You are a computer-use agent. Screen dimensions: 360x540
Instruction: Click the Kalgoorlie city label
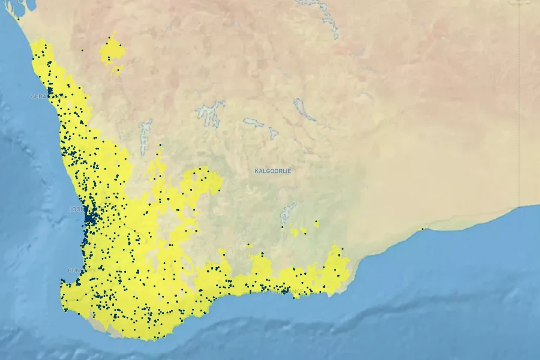[272, 171]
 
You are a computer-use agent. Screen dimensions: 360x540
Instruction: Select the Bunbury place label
[81, 271]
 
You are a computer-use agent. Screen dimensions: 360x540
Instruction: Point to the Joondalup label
[77, 209]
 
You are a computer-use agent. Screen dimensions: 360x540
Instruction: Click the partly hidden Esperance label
[287, 292]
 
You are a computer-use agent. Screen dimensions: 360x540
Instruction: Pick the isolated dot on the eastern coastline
[422, 229]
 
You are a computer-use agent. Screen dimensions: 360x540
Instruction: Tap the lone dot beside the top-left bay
[18, 18]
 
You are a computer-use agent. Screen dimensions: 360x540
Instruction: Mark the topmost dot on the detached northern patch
[109, 38]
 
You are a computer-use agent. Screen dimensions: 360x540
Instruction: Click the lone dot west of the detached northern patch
[82, 50]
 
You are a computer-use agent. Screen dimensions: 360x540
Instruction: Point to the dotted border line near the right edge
[519, 120]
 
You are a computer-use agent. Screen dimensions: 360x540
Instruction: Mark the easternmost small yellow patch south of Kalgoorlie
[316, 224]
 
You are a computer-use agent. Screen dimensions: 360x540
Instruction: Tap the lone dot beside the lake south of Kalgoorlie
[282, 227]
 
